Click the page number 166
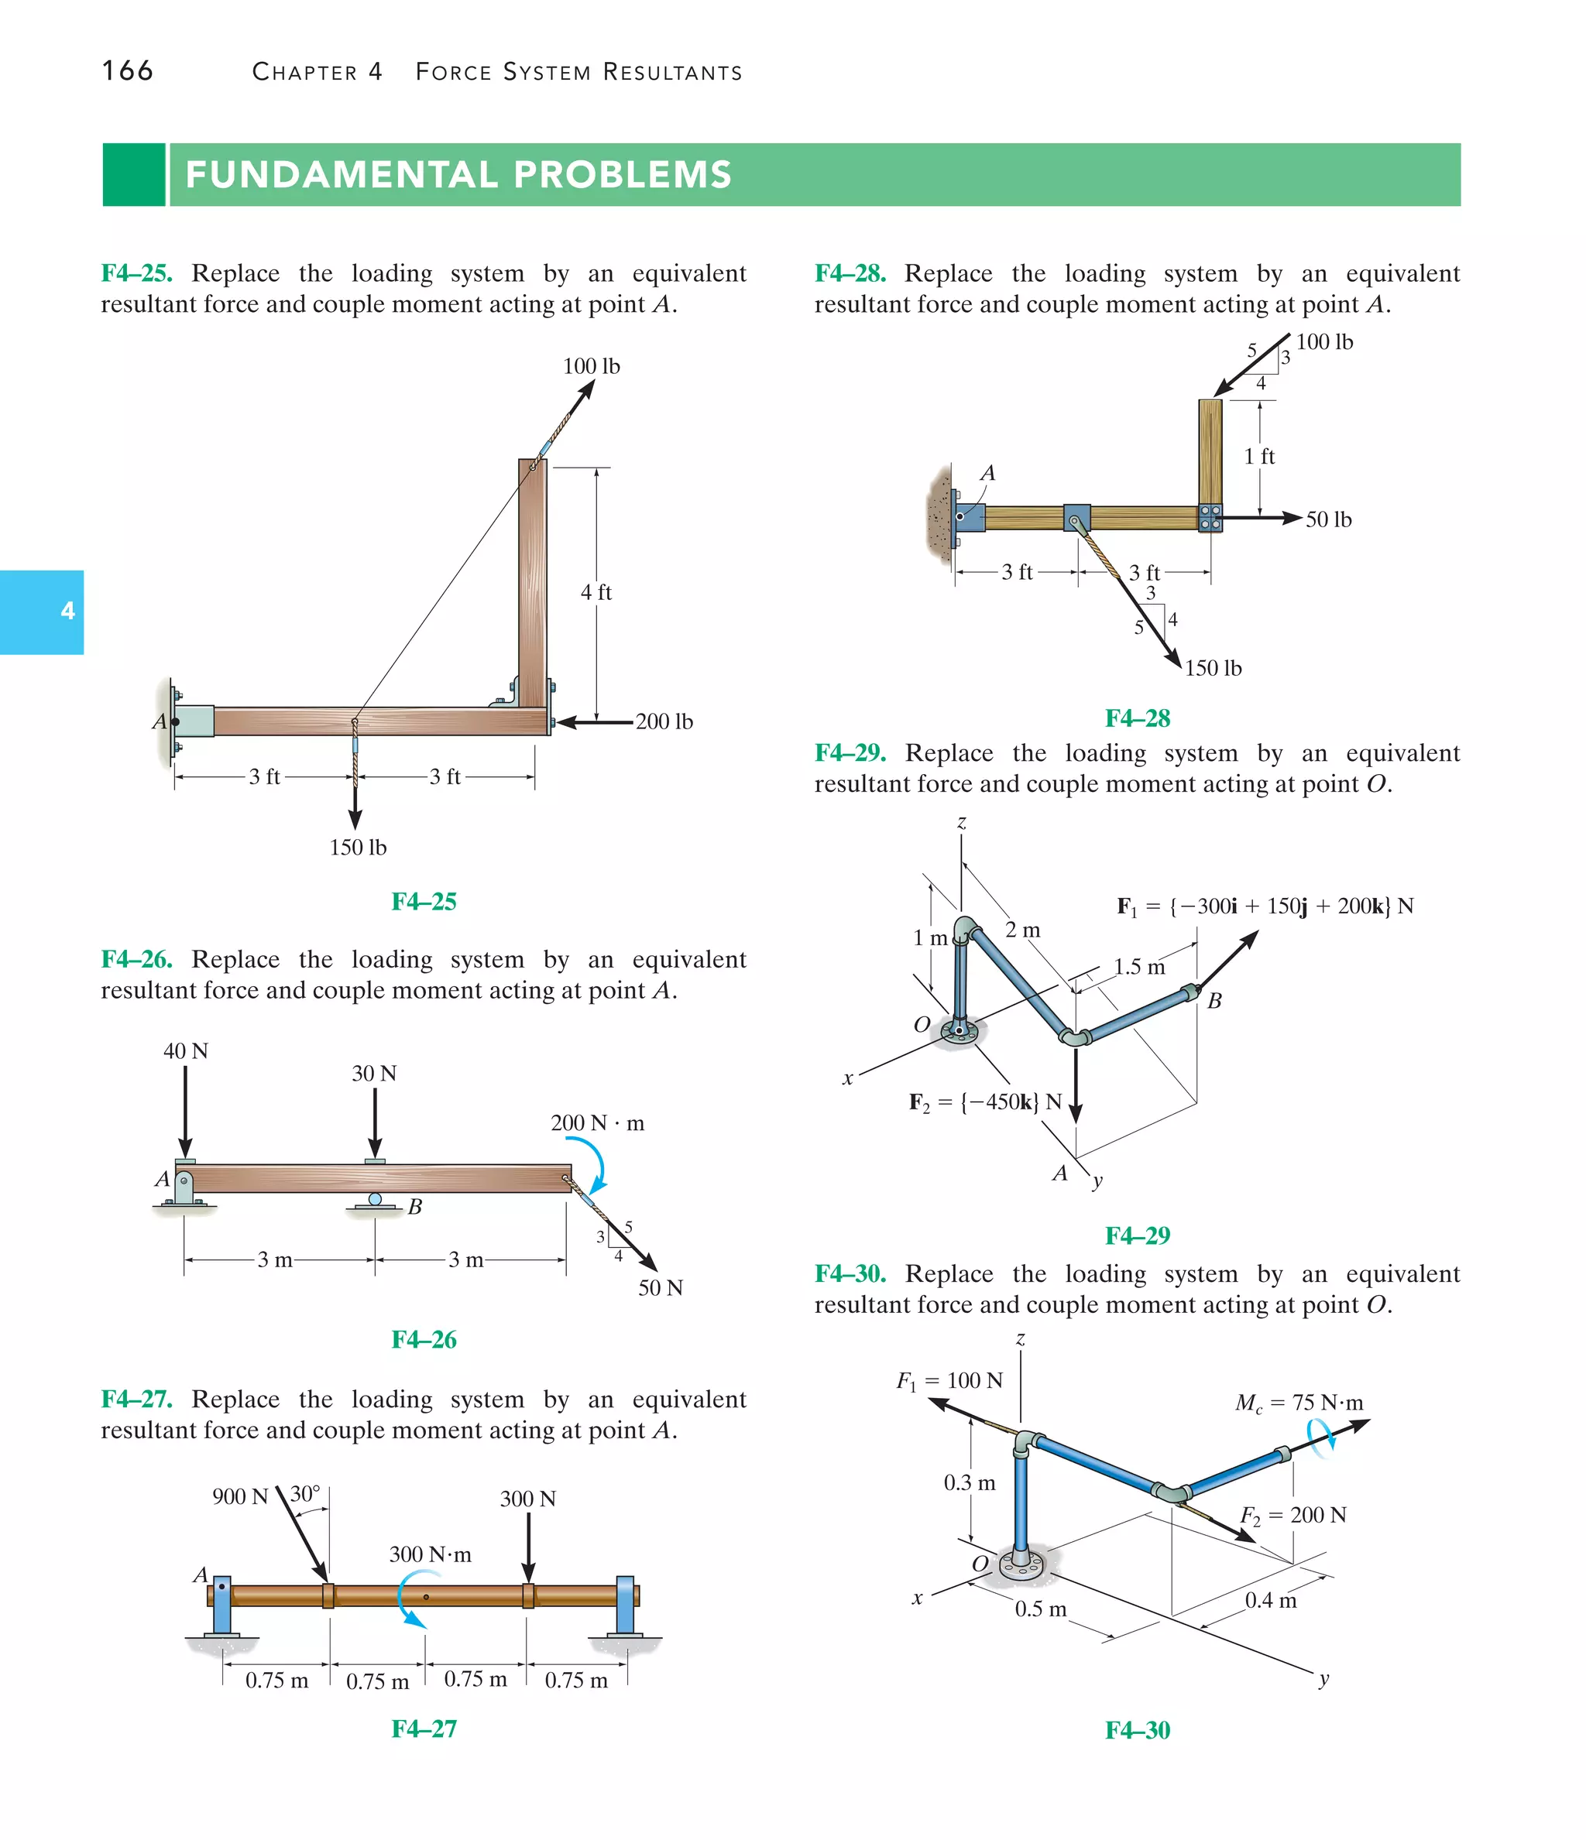127,70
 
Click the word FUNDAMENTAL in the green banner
342,175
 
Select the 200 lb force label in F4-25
664,722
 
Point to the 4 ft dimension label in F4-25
596,592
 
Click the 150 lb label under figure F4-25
358,847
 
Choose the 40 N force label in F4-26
186,1051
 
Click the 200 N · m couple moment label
597,1123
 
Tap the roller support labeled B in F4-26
376,1201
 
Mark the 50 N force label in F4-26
660,1287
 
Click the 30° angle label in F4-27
305,1494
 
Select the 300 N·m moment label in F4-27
430,1554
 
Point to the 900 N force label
240,1496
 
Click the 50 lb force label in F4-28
1328,519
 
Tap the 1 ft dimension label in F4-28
1259,457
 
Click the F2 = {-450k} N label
985,1102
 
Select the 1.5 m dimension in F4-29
1139,967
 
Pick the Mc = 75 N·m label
1298,1403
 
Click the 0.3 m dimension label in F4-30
970,1483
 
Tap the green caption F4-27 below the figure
424,1729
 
